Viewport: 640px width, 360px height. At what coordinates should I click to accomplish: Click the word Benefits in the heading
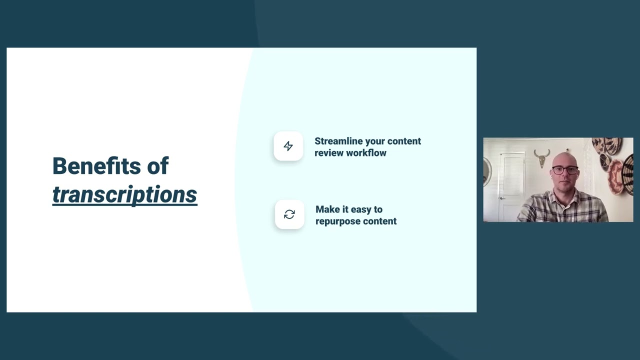coord(96,166)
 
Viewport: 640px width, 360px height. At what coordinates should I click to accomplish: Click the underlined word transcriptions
coord(124,194)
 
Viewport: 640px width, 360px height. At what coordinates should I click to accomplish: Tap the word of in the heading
coord(157,166)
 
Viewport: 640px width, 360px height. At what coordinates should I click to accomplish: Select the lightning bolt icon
coord(288,146)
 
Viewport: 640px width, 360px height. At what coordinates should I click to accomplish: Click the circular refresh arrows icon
coord(289,214)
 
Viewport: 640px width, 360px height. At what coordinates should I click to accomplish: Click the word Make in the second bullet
coord(327,209)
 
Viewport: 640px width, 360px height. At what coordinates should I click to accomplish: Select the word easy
coord(362,209)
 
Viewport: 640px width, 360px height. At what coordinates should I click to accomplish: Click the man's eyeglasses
coord(565,170)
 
